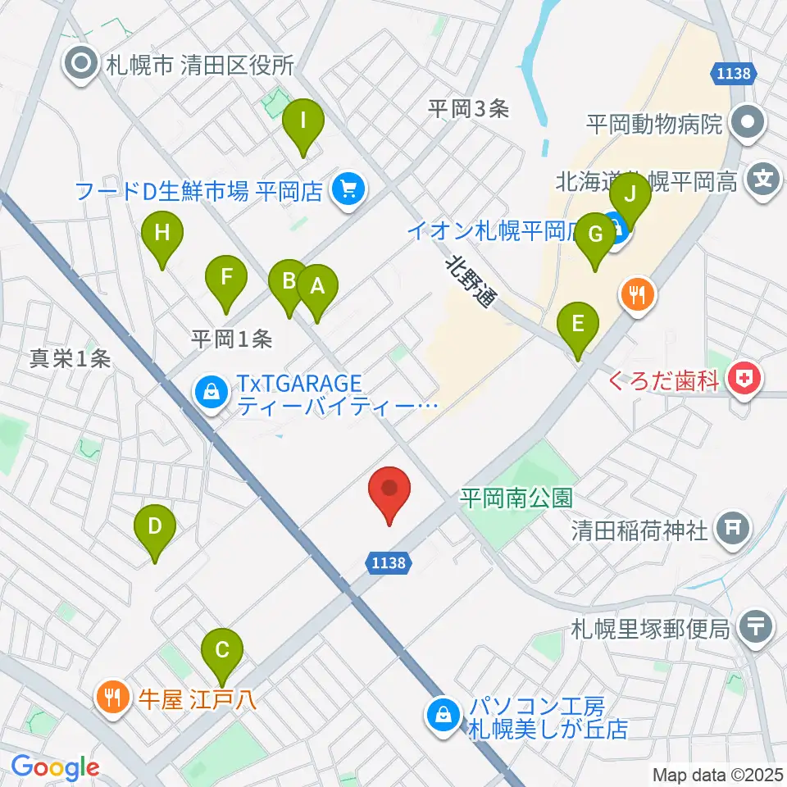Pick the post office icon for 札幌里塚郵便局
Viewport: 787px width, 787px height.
753,629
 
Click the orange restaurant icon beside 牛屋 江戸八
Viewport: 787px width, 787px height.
111,699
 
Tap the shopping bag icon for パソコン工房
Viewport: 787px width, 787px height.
444,716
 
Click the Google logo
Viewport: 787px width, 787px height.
56,767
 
